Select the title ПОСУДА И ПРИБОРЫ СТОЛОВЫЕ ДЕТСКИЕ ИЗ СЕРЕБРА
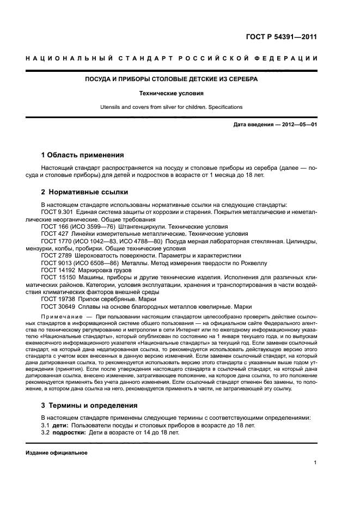point(172,79)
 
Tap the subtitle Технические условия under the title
point(172,93)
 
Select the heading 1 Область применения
point(82,155)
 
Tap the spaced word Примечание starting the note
point(62,316)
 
